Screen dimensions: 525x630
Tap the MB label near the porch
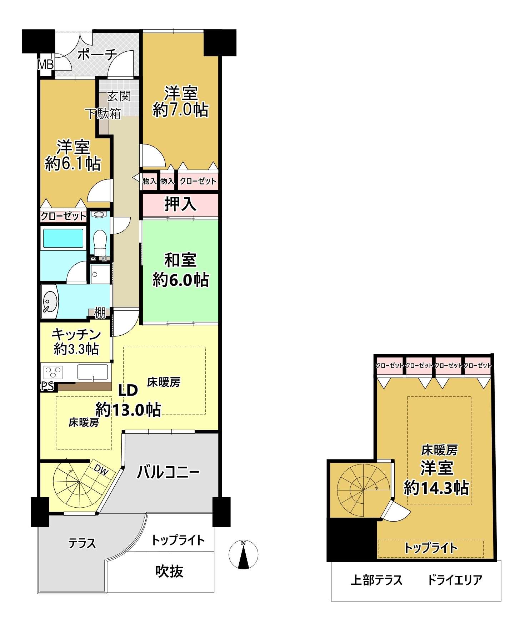(x=46, y=65)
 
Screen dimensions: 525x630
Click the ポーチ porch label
(x=97, y=55)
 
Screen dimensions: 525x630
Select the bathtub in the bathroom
(x=63, y=238)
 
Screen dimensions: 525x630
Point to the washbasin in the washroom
(x=50, y=301)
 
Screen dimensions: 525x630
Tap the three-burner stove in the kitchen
(x=53, y=372)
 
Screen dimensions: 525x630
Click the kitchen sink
(x=92, y=372)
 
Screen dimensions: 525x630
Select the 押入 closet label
(x=180, y=204)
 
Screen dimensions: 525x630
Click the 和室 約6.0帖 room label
(x=181, y=270)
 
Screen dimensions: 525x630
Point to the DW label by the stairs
(x=101, y=471)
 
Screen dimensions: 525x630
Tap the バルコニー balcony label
(x=169, y=472)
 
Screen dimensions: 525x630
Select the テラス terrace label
(x=82, y=543)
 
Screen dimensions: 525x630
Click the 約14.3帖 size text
(x=436, y=488)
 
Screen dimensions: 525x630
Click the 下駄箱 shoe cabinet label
(x=102, y=113)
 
